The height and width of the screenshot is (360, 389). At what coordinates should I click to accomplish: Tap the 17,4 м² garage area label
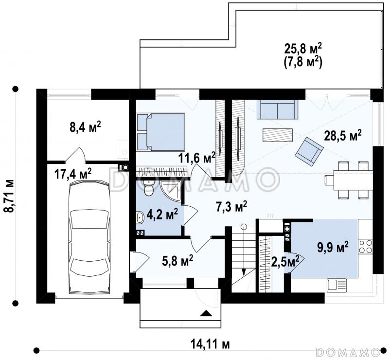[73, 174]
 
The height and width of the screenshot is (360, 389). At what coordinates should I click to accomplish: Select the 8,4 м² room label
[85, 127]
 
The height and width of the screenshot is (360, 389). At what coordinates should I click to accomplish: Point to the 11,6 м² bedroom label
[197, 158]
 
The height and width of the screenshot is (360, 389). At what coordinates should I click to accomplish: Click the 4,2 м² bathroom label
[162, 214]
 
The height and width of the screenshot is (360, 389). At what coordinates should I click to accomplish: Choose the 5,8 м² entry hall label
[177, 261]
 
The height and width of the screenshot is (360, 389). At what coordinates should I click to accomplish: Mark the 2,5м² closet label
[285, 261]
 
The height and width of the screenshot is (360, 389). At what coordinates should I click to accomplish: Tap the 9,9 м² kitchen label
[333, 246]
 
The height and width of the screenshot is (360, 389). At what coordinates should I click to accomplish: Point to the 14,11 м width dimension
[210, 344]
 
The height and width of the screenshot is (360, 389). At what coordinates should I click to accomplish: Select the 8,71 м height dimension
[9, 196]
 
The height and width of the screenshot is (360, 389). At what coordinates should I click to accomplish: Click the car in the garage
[89, 236]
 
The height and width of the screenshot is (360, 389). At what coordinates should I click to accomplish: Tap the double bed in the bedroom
[161, 132]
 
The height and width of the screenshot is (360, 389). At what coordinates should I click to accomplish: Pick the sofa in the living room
[277, 109]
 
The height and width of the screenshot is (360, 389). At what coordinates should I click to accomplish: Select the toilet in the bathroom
[149, 187]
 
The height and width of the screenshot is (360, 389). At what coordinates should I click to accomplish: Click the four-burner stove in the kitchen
[366, 246]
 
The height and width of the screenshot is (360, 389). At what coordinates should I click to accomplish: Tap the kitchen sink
[337, 285]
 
